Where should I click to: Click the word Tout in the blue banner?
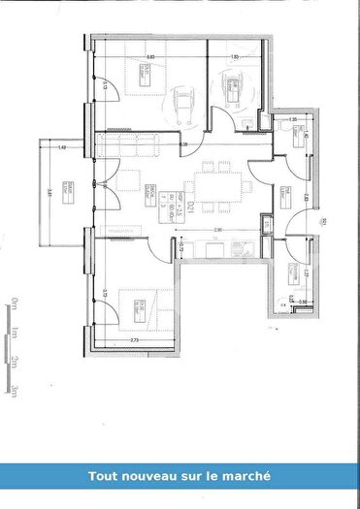click(x=104, y=476)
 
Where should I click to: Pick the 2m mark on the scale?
click(x=14, y=362)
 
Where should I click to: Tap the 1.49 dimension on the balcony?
click(x=61, y=147)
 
